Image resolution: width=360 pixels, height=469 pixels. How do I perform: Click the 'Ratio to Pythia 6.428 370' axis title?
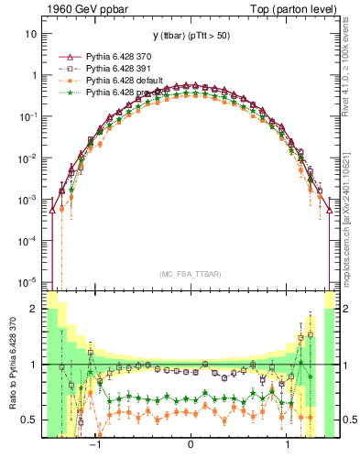(12, 365)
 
